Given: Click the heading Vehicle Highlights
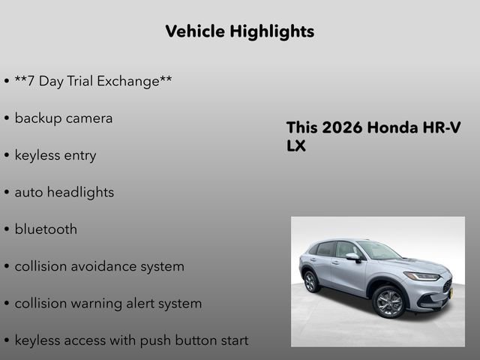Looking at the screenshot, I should click(x=239, y=31).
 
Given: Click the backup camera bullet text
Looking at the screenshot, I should click(x=64, y=118).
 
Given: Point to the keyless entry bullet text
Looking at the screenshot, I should click(x=55, y=155).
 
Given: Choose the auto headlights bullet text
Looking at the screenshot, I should click(x=64, y=192).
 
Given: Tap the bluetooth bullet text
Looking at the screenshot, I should click(x=46, y=229).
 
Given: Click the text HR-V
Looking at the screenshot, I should click(x=442, y=127).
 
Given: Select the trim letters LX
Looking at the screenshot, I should click(x=296, y=146).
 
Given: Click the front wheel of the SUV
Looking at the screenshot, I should click(x=388, y=301).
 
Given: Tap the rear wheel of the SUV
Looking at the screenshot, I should click(x=310, y=281).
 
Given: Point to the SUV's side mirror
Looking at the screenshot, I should click(x=352, y=257).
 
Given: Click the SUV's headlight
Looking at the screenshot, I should click(x=423, y=276).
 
